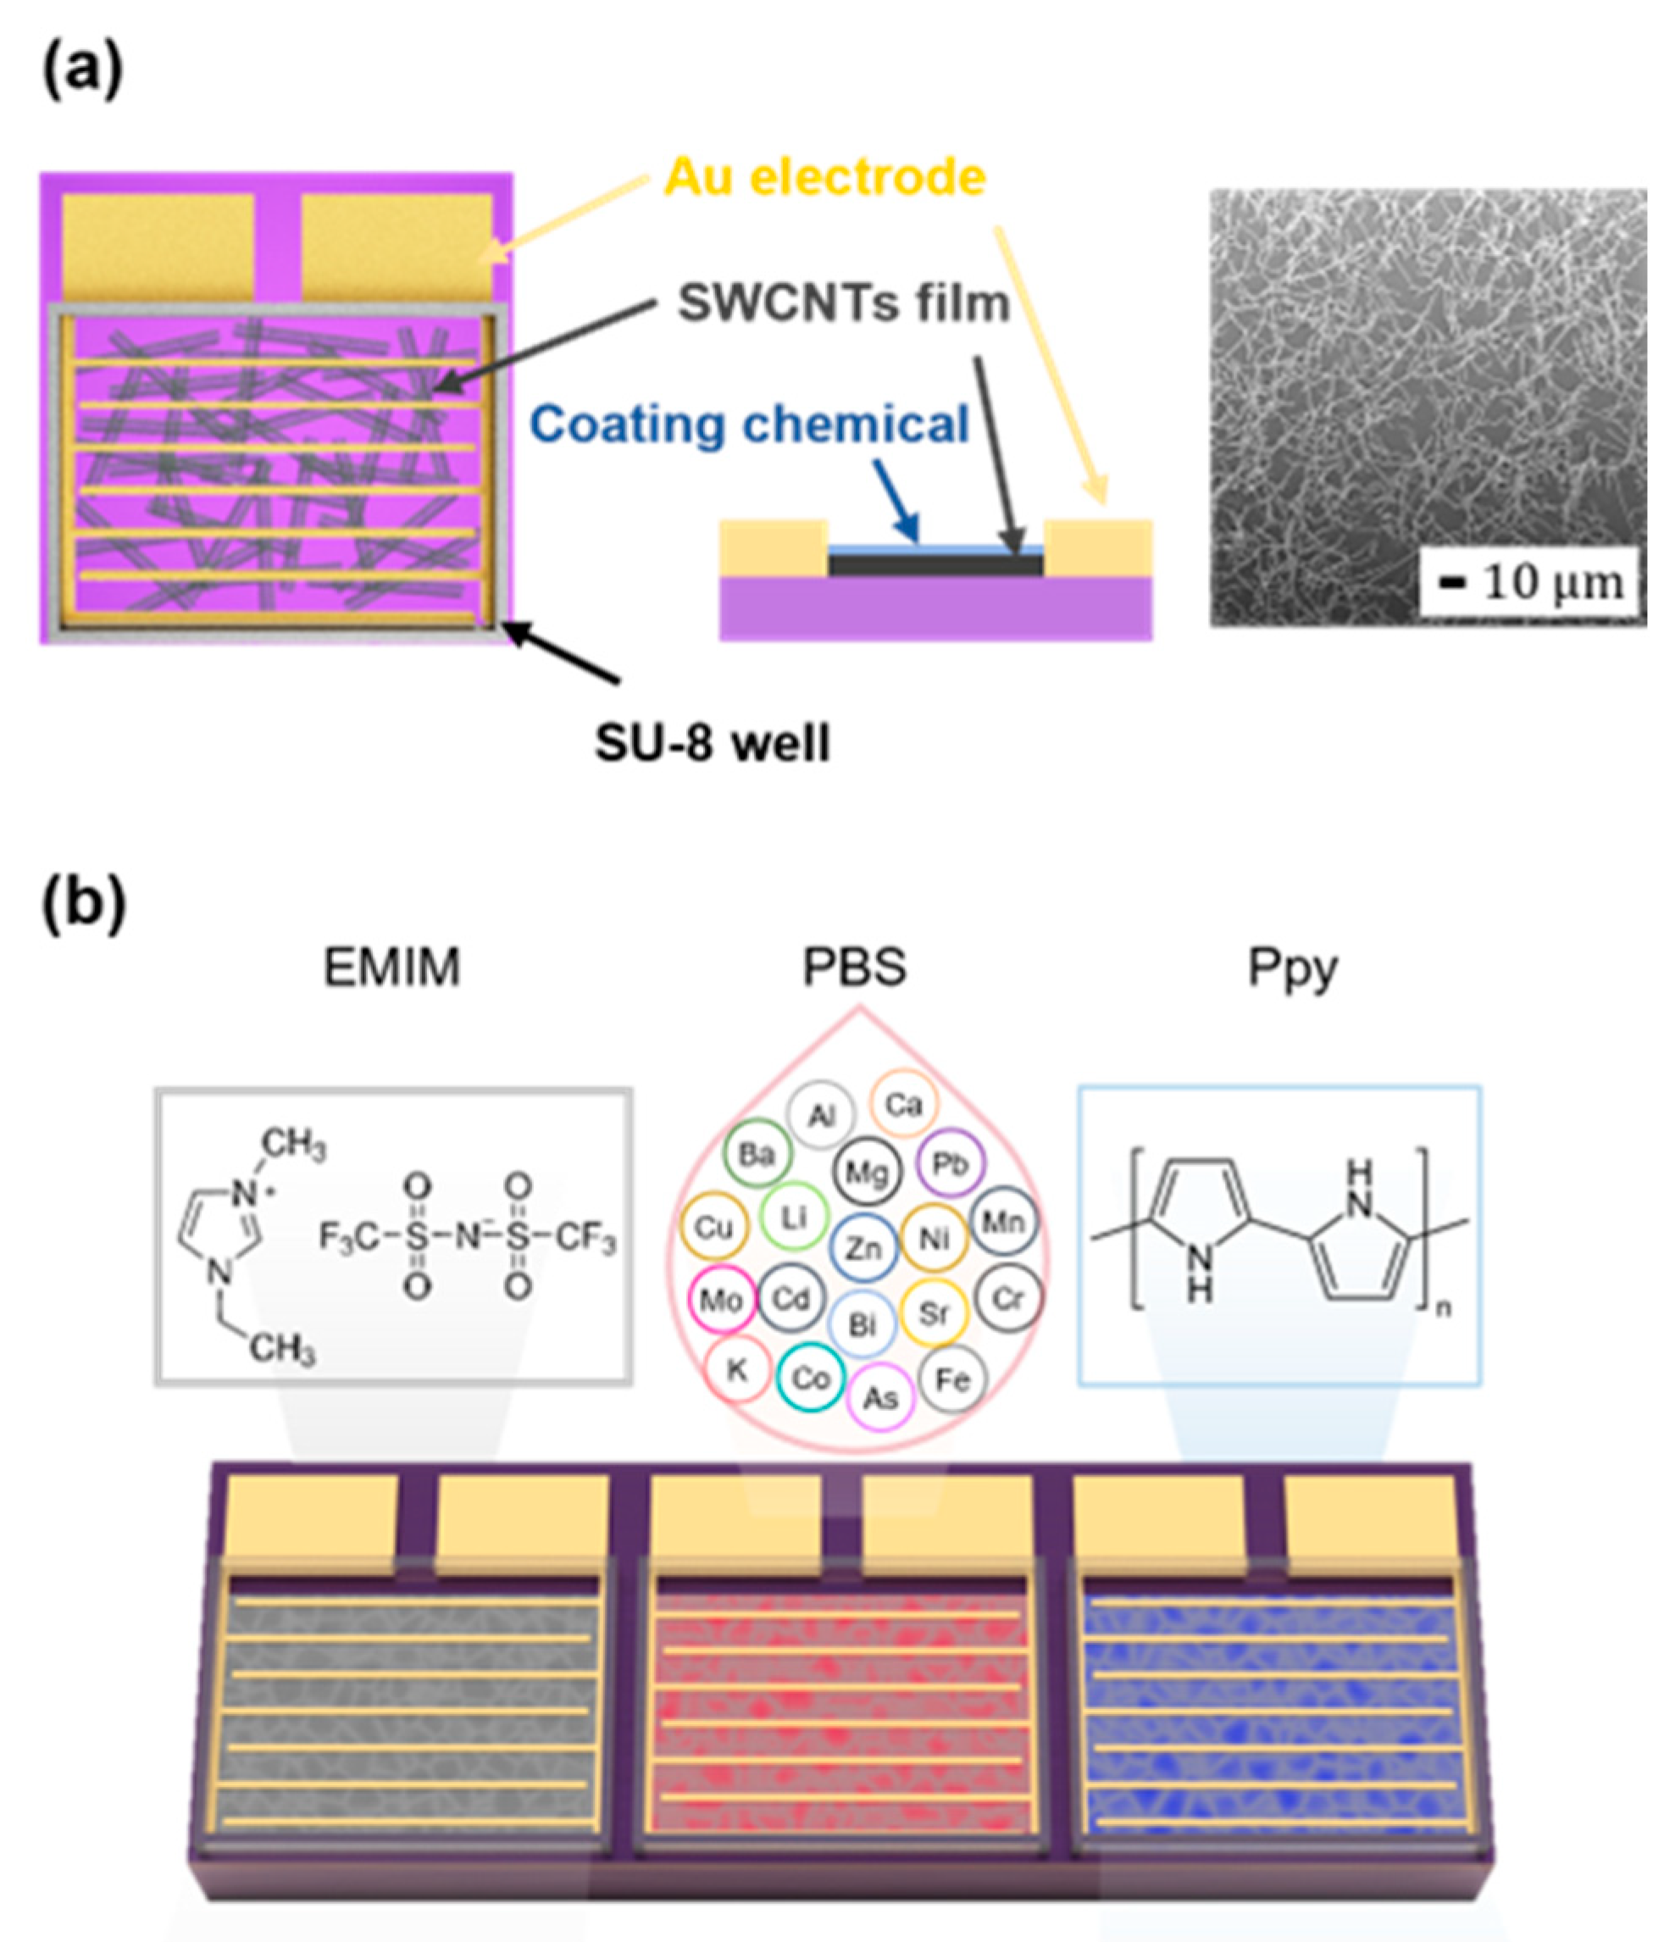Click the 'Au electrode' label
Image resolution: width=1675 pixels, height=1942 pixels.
(x=825, y=177)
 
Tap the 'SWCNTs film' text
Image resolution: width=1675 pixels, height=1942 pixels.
(x=844, y=302)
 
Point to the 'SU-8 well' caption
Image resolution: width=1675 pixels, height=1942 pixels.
(x=713, y=743)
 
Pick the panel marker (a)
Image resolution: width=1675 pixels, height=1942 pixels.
(x=82, y=70)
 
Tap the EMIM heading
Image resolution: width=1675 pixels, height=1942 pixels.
(x=391, y=968)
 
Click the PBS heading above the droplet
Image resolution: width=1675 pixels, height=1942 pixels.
(x=854, y=968)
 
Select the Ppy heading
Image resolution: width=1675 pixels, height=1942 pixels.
(x=1292, y=969)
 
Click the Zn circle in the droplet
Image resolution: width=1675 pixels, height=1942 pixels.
(x=863, y=1248)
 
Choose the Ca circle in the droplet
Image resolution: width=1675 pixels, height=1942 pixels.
(x=903, y=1105)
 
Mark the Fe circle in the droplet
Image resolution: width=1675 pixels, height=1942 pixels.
(x=953, y=1379)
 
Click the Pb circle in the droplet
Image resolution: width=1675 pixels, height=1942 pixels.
(x=950, y=1164)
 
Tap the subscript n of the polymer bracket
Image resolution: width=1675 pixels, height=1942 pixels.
(x=1444, y=1308)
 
